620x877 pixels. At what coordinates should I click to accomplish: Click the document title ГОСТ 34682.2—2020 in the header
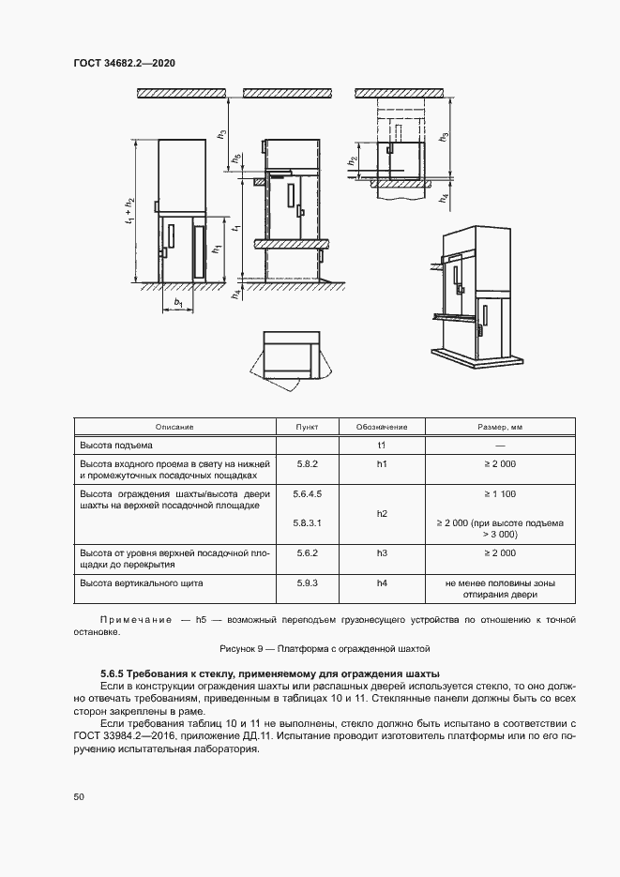[125, 63]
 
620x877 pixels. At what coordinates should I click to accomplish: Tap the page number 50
[79, 796]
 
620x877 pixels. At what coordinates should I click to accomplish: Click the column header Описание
[174, 427]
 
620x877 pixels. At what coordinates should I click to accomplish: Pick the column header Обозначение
[382, 427]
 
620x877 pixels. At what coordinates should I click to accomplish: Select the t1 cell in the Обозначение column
[382, 445]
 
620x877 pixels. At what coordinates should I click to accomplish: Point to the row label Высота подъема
[117, 445]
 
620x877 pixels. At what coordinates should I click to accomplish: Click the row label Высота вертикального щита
[142, 582]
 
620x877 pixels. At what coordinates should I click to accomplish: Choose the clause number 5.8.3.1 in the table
[307, 522]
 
